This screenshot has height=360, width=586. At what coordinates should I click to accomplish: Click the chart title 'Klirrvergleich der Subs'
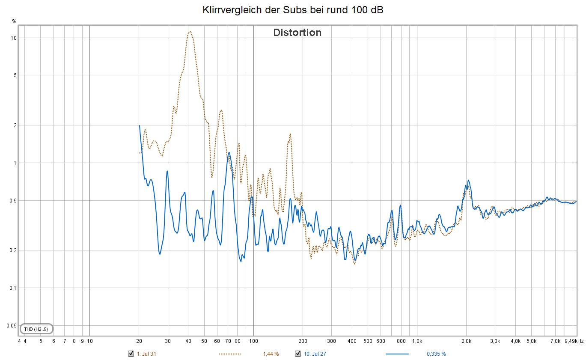point(293,10)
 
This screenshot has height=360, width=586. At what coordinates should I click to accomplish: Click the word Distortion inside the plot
point(297,33)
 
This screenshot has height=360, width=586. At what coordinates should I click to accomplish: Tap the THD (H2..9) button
point(36,329)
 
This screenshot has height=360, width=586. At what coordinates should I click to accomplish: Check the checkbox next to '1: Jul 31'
point(131,354)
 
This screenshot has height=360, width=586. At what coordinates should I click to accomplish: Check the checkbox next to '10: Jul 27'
point(297,354)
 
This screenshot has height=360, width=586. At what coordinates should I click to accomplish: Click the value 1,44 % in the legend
point(271,354)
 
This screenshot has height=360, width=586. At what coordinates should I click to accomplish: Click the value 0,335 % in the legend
point(436,354)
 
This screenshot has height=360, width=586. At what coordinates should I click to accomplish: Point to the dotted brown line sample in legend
point(230,354)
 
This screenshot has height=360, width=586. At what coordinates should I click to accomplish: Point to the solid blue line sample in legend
point(397,354)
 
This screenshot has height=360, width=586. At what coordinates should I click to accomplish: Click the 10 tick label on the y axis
point(14,38)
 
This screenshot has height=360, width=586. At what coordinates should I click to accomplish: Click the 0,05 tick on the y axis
point(12,325)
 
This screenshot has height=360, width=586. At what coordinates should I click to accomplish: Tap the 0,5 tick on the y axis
point(13,200)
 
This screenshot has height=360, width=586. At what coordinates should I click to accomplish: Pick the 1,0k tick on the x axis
point(417,341)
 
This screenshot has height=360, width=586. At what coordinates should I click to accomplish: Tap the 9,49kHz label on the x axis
point(574,341)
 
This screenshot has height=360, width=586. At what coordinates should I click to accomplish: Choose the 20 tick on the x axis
point(139,341)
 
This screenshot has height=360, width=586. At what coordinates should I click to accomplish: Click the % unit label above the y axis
point(14,21)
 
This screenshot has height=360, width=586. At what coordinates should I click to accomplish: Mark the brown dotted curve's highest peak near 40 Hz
point(189,31)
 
